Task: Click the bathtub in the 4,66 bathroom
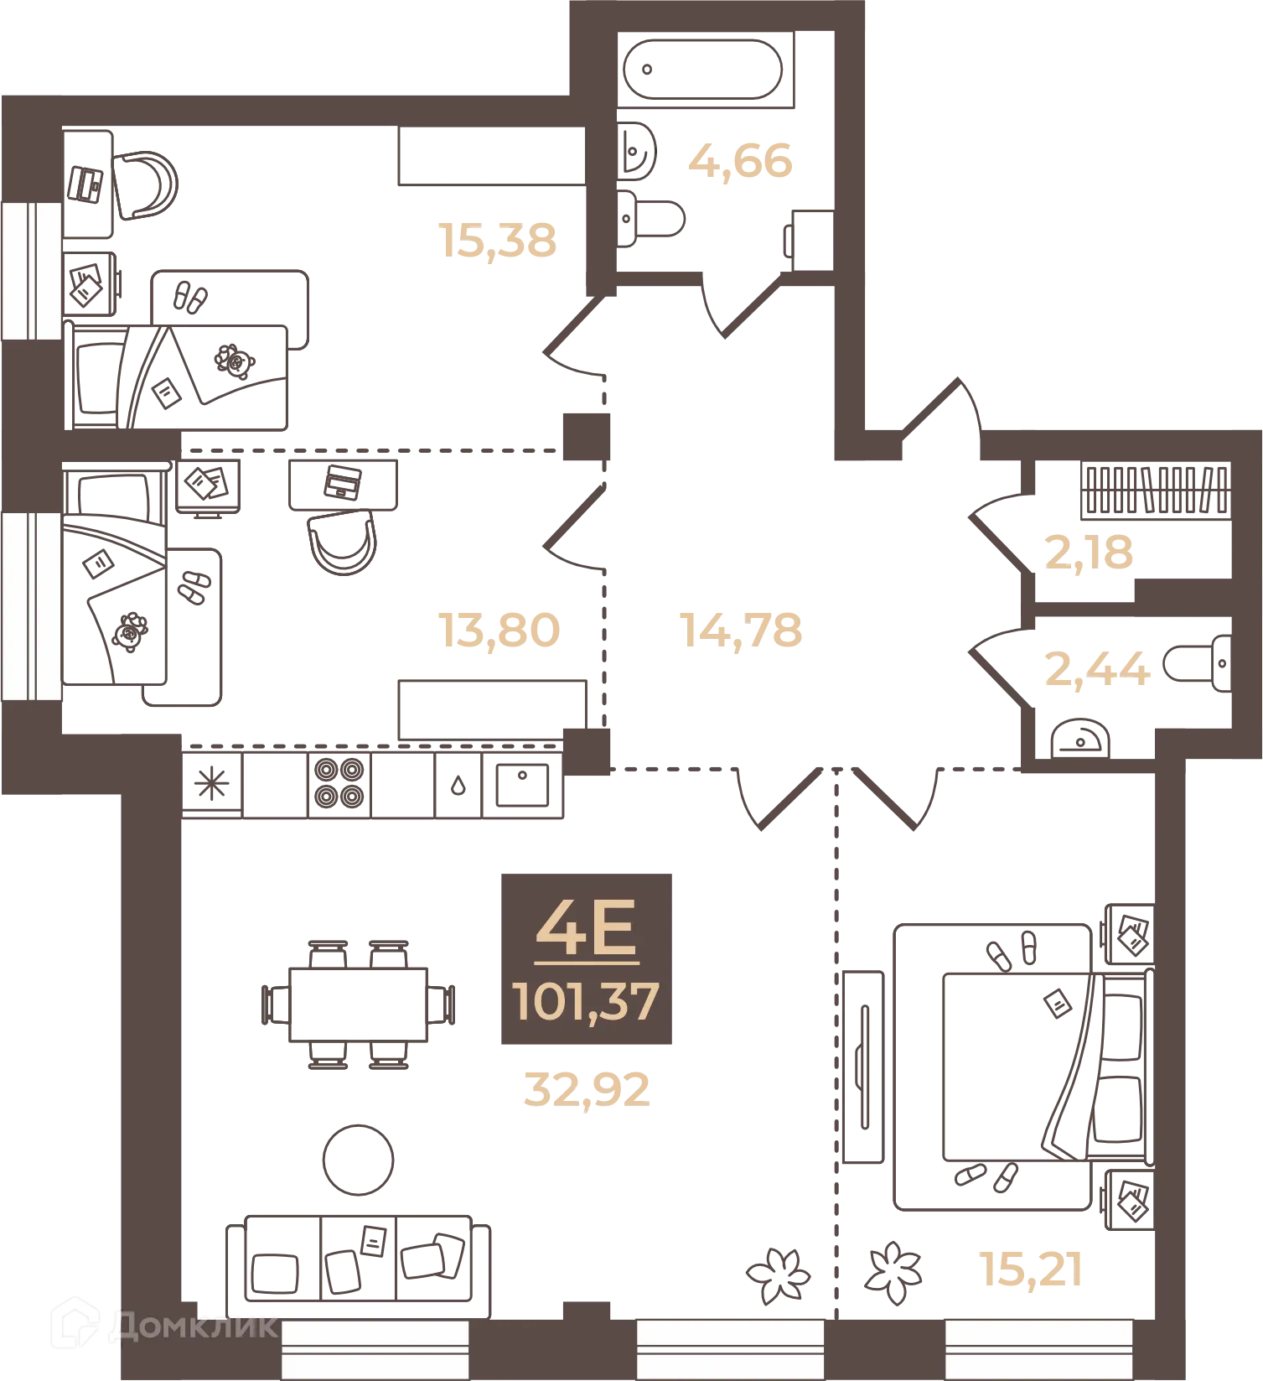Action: [704, 70]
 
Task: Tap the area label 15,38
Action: [498, 240]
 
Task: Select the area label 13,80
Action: [500, 630]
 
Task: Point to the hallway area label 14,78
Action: [741, 630]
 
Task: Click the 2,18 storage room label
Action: [1089, 552]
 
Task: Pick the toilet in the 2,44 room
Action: [1197, 664]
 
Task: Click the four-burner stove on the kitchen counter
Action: [339, 783]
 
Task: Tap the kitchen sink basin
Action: [522, 785]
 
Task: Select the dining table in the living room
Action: [359, 1005]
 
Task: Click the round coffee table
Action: [359, 1160]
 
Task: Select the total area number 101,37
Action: [586, 1001]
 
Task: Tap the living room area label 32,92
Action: [587, 1089]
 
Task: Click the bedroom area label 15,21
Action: [1031, 1269]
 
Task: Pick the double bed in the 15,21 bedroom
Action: [1023, 1067]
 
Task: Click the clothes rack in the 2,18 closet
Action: [1156, 490]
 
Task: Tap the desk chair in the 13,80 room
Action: [343, 543]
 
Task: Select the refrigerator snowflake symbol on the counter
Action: [211, 785]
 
